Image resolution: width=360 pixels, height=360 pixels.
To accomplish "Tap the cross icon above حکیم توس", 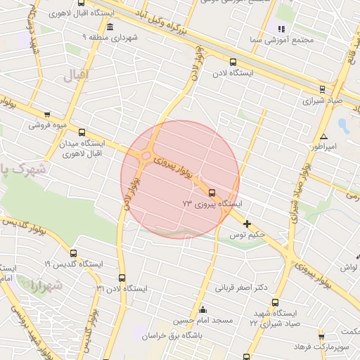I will click(x=247, y=224).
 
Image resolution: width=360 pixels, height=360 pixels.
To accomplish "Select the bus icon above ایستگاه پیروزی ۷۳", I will click(x=212, y=192).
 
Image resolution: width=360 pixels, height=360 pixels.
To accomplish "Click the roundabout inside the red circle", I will click(x=147, y=156).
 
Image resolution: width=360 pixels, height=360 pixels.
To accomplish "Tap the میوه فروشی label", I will click(x=47, y=127).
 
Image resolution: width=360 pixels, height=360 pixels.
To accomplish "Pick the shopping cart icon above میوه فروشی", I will click(x=47, y=115).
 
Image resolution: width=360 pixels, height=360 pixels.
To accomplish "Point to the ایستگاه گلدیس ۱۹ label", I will click(x=72, y=264).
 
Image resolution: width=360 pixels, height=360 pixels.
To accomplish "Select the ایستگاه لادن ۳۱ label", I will click(x=122, y=289).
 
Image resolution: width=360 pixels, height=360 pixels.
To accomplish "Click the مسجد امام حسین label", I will click(x=203, y=321).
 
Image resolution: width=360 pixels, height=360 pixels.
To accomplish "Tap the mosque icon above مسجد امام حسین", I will click(x=203, y=310).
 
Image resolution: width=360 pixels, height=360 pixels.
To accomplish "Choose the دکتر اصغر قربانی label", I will click(x=243, y=288).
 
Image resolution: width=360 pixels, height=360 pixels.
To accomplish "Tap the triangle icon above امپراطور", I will click(x=323, y=136).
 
